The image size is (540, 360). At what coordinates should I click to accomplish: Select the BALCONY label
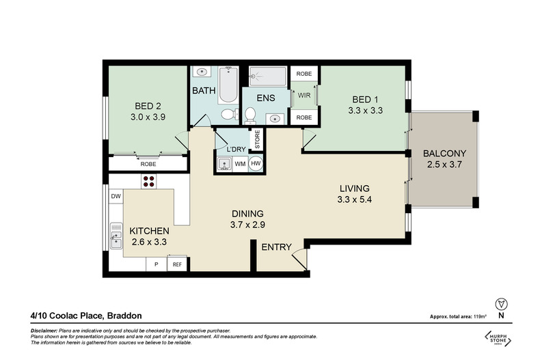pos(444,153)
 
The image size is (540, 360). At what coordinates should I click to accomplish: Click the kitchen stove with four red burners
pos(149,181)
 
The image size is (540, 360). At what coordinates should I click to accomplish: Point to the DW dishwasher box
pos(116,197)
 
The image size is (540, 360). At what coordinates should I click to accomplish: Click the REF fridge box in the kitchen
pos(177,264)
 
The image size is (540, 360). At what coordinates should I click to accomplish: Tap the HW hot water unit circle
pos(256,164)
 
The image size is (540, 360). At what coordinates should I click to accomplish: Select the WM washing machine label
pos(240,164)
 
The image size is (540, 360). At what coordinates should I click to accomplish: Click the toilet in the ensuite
pos(250,114)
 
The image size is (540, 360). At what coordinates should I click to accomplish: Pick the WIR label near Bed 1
pos(303,96)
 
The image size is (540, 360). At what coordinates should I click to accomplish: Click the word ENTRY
pos(276,247)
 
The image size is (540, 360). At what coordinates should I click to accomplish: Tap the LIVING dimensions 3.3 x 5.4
pos(353,200)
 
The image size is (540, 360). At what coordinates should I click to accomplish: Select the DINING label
pos(247,213)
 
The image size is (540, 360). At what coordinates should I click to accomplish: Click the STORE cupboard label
pos(258,139)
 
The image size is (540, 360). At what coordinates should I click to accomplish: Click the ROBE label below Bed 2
pos(148,165)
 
